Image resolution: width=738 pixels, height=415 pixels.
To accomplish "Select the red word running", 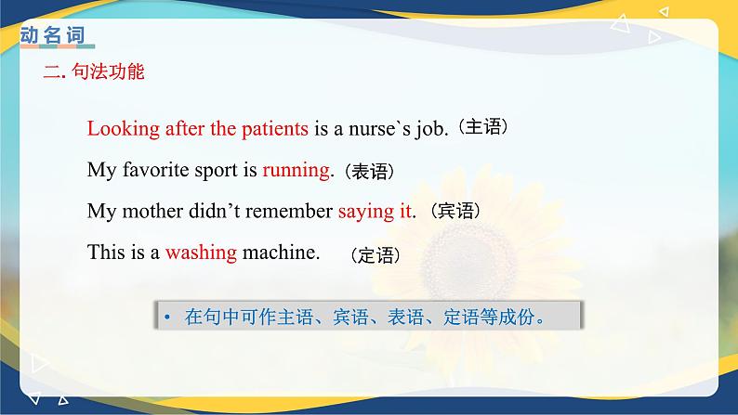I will [297, 170].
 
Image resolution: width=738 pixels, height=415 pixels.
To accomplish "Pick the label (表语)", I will [369, 172].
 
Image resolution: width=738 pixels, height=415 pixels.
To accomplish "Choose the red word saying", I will [366, 211].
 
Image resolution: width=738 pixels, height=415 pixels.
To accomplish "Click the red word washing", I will [201, 251].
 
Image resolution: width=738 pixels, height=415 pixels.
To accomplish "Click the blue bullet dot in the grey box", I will [168, 317].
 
